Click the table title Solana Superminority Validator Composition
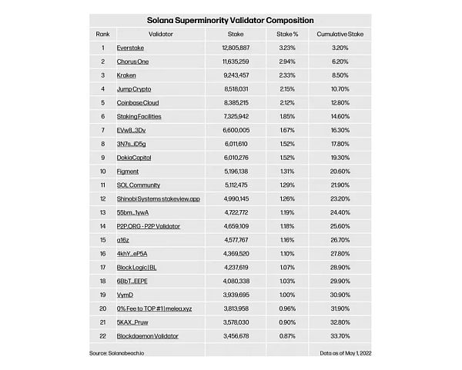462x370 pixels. tap(230, 20)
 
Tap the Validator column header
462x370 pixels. tap(157, 35)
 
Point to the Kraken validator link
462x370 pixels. tap(127, 75)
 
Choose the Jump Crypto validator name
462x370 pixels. tap(134, 89)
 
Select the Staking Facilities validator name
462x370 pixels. tap(139, 117)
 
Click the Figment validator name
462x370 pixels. tap(128, 172)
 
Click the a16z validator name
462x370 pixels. tap(123, 240)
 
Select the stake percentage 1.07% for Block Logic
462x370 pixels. tap(287, 268)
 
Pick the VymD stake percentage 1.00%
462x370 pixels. tap(287, 295)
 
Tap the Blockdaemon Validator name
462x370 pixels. tap(147, 336)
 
